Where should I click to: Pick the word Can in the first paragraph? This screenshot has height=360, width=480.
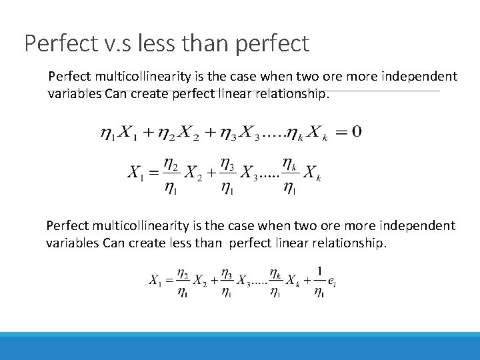pos(113,94)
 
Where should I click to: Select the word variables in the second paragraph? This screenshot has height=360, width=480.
pos(73,243)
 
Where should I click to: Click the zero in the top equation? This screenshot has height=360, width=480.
pos(357,131)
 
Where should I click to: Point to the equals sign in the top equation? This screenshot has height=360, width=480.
pos(340,131)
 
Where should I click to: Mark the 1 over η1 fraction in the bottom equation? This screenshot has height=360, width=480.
pos(320,281)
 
